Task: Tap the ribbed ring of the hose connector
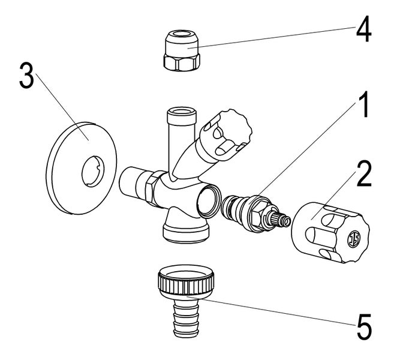(x=187, y=282)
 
